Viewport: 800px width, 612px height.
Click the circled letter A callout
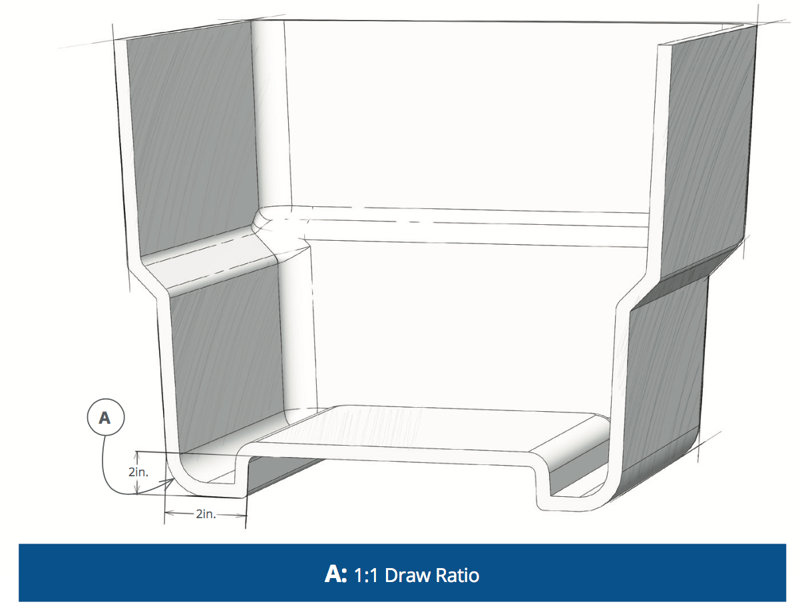pos(104,418)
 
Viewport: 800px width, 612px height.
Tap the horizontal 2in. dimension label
pos(206,514)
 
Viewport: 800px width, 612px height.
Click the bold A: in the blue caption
pos(335,574)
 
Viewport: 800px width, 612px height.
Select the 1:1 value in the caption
pos(366,574)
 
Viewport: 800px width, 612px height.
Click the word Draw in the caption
pos(407,574)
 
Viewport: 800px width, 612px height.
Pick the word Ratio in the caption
pos(457,574)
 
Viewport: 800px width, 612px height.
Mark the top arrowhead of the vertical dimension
pos(136,455)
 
